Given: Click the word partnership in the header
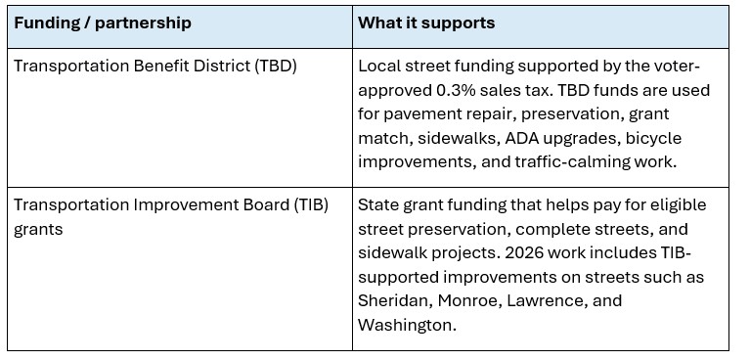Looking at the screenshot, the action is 143,23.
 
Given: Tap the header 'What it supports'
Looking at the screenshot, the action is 426,22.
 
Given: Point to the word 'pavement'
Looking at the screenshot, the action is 449,114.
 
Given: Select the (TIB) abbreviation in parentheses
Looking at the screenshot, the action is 311,204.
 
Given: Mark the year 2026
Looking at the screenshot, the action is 523,252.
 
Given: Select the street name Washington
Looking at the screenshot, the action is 407,326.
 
